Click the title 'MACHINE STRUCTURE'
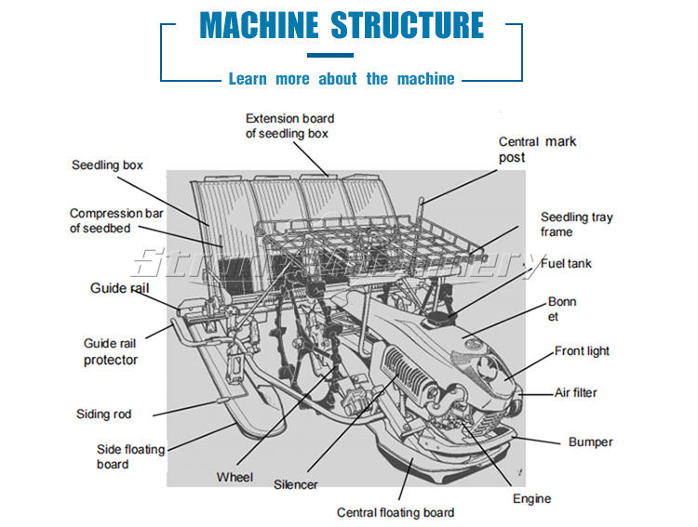[x=342, y=25]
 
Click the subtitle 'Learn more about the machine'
[x=342, y=79]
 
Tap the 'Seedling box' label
[x=107, y=165]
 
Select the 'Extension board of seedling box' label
[x=289, y=126]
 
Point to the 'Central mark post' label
[x=537, y=150]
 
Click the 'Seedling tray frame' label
[x=576, y=224]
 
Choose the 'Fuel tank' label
[x=566, y=264]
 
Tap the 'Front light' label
[x=582, y=351]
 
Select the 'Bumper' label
[x=591, y=442]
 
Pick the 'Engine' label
[x=531, y=499]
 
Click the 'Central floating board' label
[x=396, y=513]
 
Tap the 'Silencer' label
[x=295, y=484]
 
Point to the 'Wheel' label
[x=235, y=477]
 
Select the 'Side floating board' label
[x=130, y=456]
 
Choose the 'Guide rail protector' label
[x=111, y=351]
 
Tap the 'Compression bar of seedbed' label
[x=116, y=220]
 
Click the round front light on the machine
[x=490, y=365]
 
